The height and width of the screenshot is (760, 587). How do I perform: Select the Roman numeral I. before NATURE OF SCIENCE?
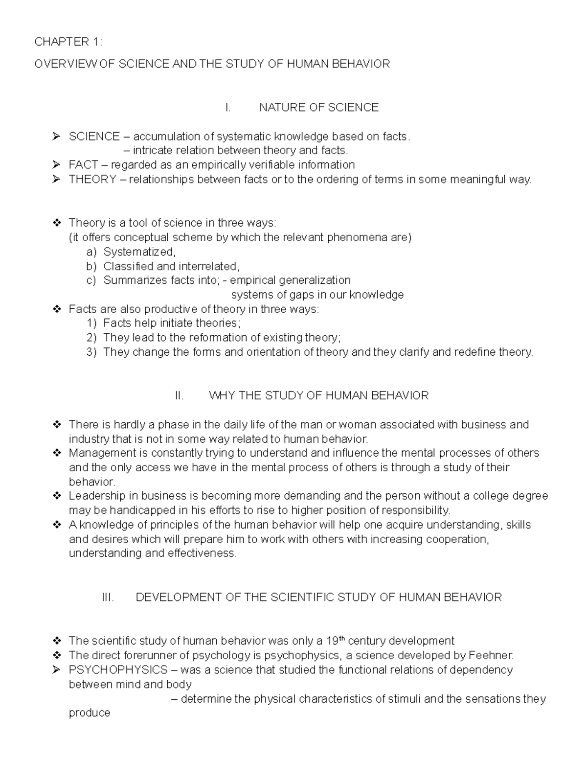(x=227, y=108)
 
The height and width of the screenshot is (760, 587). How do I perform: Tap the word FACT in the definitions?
(x=83, y=165)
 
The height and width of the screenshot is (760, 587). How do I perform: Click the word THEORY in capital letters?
(x=92, y=180)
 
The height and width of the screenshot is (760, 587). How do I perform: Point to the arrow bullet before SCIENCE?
(x=56, y=137)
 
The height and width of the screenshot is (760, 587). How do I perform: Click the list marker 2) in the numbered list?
(x=91, y=338)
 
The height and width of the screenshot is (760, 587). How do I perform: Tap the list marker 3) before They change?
(x=91, y=352)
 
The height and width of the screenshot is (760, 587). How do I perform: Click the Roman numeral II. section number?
(x=179, y=395)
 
